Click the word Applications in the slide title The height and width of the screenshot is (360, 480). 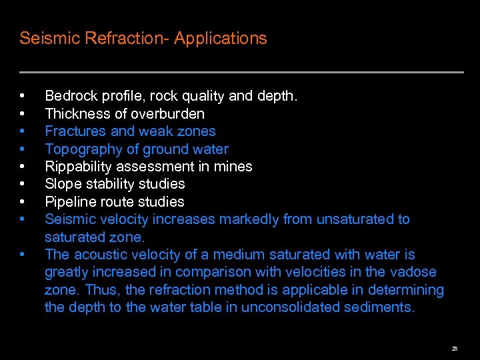[x=221, y=39]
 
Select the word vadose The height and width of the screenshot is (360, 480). [x=413, y=272]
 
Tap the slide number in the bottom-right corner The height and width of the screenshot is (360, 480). [x=454, y=348]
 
